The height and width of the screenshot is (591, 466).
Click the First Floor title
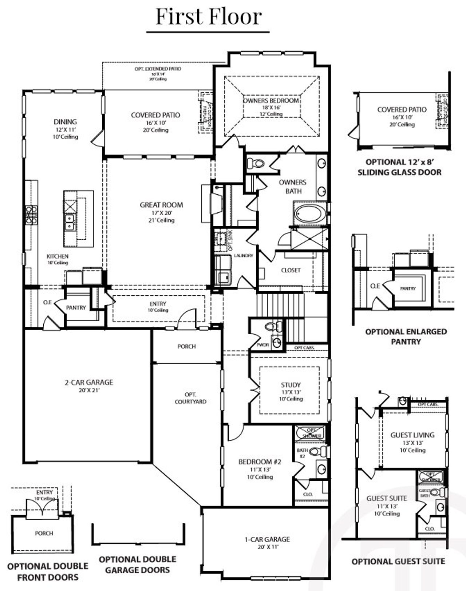click(x=209, y=17)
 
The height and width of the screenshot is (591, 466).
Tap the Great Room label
click(x=161, y=205)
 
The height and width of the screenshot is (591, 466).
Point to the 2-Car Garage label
click(x=89, y=382)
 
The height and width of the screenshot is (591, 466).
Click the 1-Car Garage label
click(x=267, y=539)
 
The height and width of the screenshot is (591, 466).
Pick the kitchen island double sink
click(x=69, y=222)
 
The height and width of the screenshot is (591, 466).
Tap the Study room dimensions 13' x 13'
click(x=291, y=392)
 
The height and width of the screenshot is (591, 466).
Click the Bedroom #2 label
click(x=260, y=462)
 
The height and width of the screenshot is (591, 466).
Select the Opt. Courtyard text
click(x=190, y=398)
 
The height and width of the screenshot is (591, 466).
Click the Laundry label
click(x=243, y=256)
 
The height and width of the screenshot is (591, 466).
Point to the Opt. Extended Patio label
click(x=158, y=69)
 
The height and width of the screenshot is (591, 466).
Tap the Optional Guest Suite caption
click(x=398, y=562)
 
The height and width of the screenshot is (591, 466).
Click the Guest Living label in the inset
click(x=412, y=435)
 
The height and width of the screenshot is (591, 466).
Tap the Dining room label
click(x=65, y=122)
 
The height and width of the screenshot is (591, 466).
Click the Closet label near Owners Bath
click(x=291, y=270)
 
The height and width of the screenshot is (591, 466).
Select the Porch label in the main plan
click(x=186, y=346)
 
